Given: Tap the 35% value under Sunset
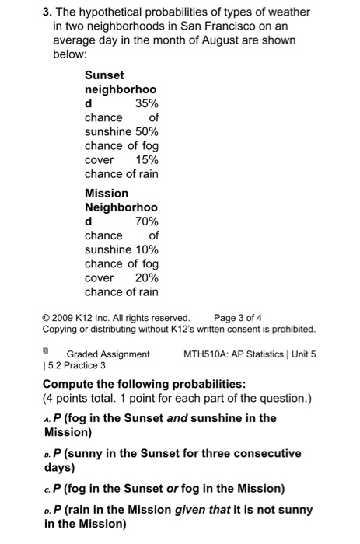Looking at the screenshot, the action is click(146, 103).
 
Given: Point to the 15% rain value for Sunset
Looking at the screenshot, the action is click(146, 159).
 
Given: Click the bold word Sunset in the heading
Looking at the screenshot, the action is click(104, 75).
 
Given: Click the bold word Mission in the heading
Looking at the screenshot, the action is click(107, 193).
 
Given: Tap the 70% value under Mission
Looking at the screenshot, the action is click(146, 221).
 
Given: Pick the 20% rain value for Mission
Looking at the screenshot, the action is click(146, 277).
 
